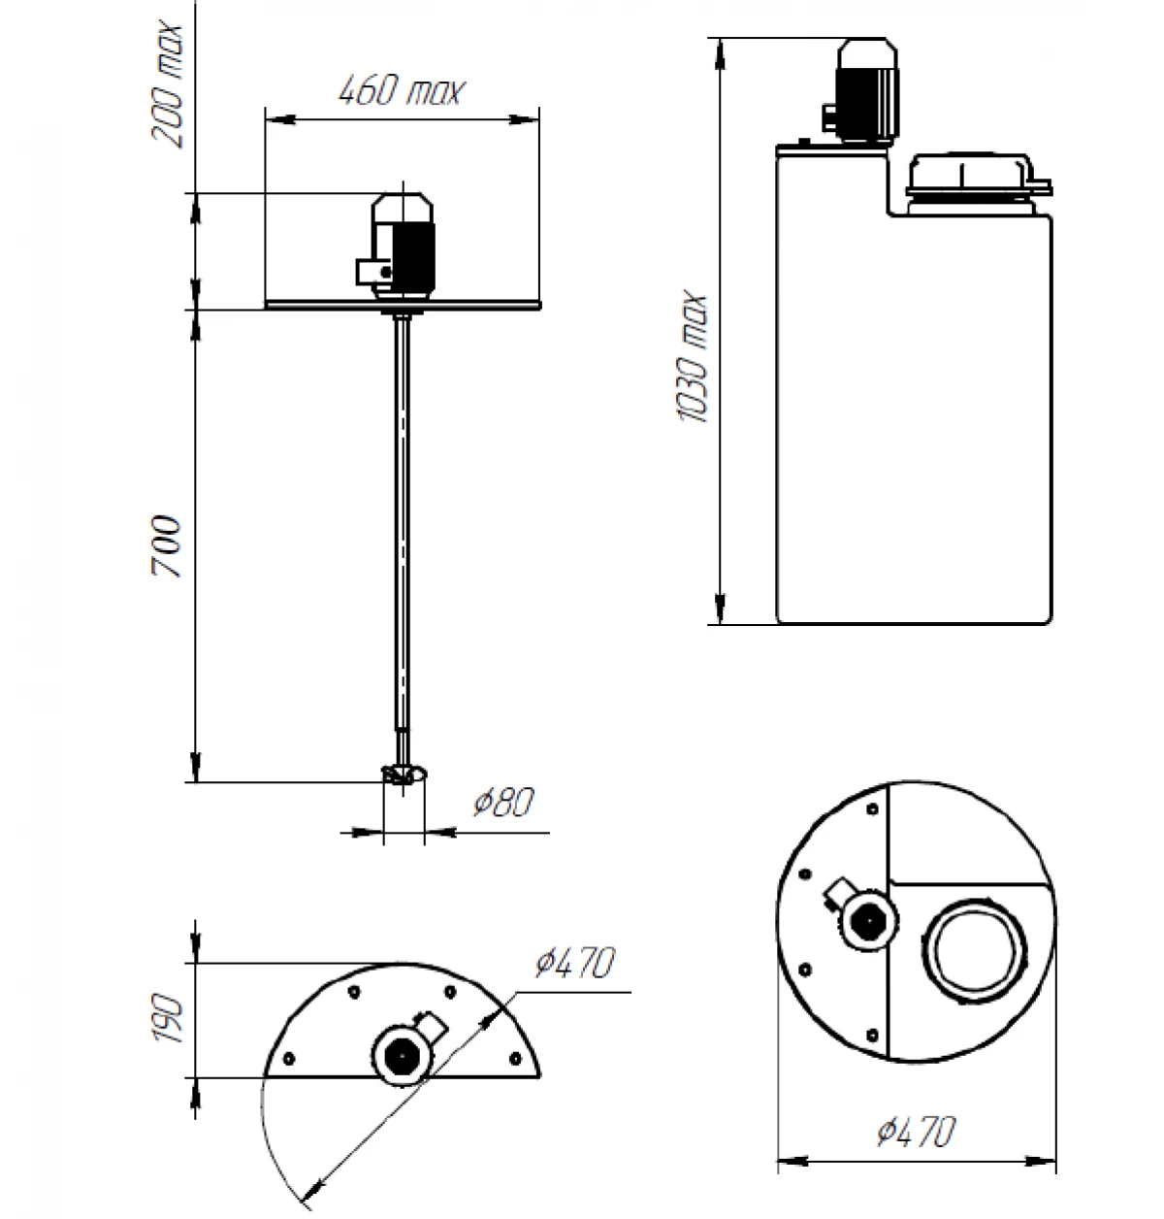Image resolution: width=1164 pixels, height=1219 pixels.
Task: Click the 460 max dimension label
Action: tap(402, 91)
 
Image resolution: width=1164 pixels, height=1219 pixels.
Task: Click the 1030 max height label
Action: tap(695, 357)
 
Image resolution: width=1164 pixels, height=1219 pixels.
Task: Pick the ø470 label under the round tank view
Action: tap(917, 1132)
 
